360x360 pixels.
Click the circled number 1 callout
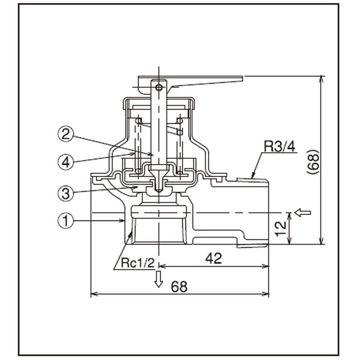tap(66, 220)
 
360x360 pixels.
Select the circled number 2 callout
tap(66, 134)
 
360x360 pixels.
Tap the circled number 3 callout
tap(66, 193)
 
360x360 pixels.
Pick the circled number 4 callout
tap(66, 162)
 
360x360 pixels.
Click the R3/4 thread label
tap(279, 147)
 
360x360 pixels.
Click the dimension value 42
tap(213, 258)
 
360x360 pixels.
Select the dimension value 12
tap(280, 229)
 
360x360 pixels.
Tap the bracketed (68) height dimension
tap(313, 163)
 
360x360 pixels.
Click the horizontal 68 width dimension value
tap(179, 286)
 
